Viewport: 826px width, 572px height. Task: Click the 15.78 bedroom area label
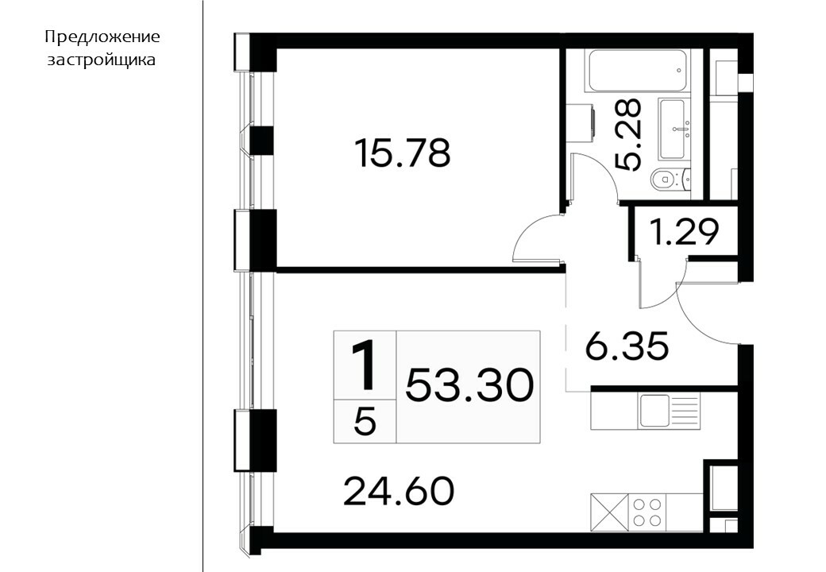click(403, 153)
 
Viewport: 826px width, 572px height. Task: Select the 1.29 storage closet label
click(685, 232)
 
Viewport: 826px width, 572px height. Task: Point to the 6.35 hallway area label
click(627, 346)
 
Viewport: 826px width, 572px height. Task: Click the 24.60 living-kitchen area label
click(398, 491)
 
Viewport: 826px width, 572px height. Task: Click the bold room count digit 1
click(365, 365)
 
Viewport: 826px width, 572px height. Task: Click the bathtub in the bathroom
click(639, 71)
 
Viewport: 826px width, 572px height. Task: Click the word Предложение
click(102, 37)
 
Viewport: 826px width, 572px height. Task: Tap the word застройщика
click(102, 60)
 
